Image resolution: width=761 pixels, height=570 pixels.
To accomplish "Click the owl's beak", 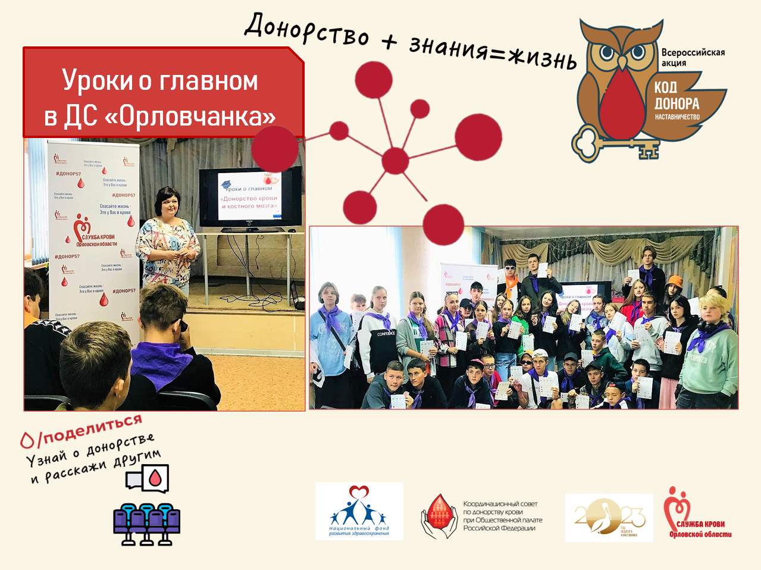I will point(622,62).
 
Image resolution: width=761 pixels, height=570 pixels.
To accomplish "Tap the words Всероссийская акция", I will point(693,57).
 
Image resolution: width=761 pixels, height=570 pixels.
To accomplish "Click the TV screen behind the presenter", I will point(250,198).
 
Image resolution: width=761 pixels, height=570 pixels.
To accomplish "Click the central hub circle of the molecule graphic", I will point(395,161).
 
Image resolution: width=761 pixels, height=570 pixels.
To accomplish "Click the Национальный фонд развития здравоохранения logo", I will point(359,512).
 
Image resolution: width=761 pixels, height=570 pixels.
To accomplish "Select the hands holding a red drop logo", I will point(439,516).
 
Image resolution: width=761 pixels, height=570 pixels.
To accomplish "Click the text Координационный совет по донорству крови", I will point(502,516).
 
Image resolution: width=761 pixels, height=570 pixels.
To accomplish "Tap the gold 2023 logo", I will point(609,518).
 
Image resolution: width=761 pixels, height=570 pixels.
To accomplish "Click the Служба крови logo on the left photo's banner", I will point(92,233).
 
